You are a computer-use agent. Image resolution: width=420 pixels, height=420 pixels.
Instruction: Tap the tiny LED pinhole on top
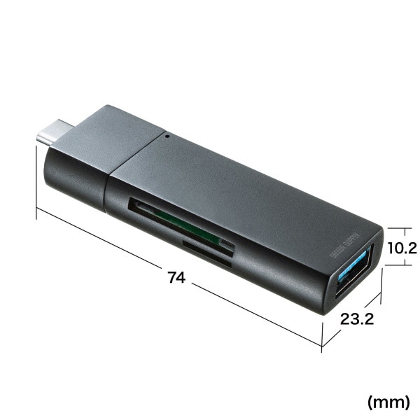(x=166, y=135)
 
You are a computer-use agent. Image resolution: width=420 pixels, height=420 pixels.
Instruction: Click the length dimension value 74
(x=177, y=277)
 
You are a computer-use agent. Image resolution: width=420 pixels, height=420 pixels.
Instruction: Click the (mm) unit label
(x=389, y=402)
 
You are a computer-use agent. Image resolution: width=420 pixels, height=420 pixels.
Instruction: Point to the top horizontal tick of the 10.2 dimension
(x=397, y=227)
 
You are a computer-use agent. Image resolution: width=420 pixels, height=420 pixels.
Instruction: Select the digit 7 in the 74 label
(x=171, y=277)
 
